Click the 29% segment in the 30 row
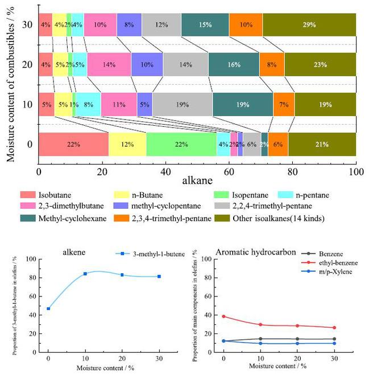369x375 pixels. [x=309, y=25]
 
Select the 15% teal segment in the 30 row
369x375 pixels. [x=205, y=25]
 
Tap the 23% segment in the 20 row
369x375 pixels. [x=320, y=65]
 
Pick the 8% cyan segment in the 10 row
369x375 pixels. [x=88, y=104]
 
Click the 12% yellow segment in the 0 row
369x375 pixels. [x=127, y=145]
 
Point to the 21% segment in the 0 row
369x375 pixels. [x=322, y=145]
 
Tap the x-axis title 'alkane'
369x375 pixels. [x=198, y=179]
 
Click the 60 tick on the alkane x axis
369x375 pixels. [x=229, y=169]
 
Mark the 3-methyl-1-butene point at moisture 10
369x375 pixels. [x=85, y=274]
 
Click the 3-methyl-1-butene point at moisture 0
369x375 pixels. [x=48, y=308]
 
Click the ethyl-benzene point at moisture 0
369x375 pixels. [x=223, y=316]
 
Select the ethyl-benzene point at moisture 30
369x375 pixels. [x=334, y=328]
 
